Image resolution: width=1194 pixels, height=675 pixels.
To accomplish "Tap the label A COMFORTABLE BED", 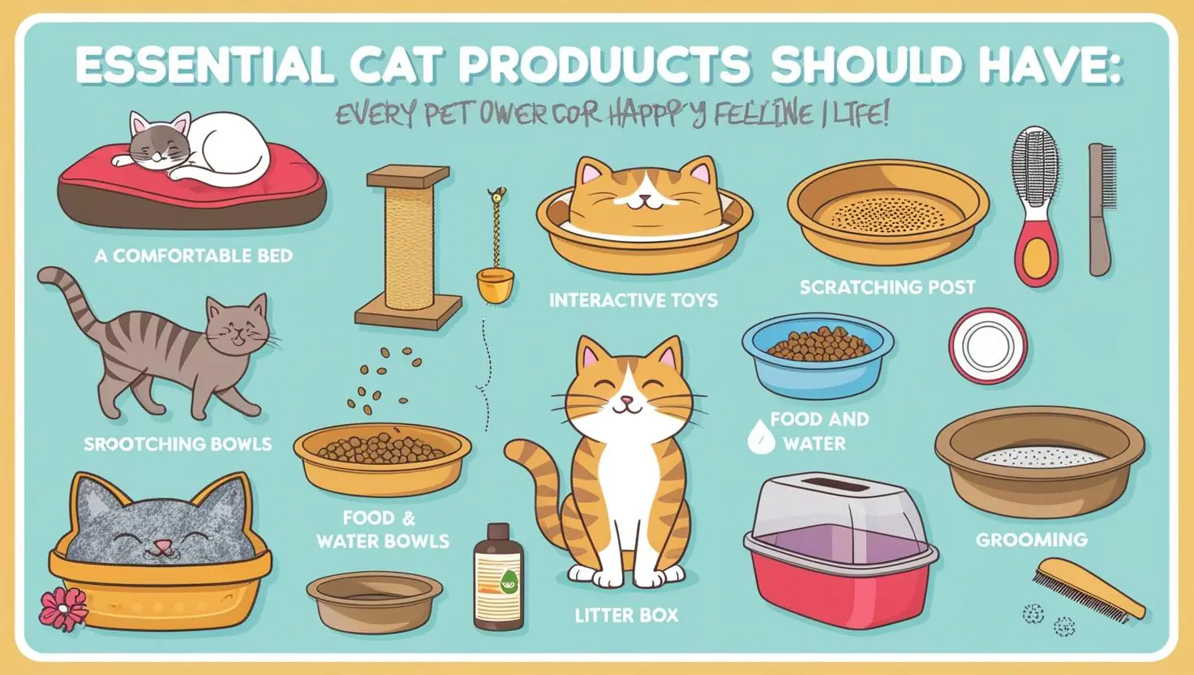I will click(x=193, y=256).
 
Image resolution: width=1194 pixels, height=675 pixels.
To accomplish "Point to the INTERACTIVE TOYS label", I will click(x=633, y=301).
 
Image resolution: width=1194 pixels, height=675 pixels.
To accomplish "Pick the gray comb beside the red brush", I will click(x=1101, y=207).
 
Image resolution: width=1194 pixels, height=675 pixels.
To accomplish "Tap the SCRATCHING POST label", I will click(x=887, y=287).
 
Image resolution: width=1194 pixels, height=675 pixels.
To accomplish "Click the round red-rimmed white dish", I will click(x=987, y=345).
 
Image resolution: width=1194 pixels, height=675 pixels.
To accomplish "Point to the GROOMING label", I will click(x=1031, y=540).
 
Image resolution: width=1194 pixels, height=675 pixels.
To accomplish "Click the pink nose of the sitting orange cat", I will click(x=626, y=401).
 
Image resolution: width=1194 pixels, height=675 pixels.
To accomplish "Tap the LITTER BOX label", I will click(x=625, y=615).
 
